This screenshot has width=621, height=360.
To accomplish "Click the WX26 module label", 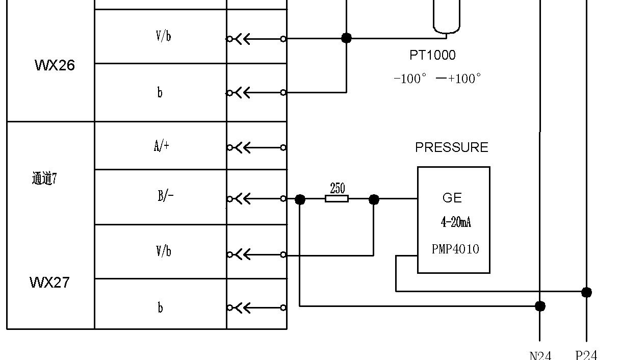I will (x=55, y=65).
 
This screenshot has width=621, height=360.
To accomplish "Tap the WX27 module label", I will (x=49, y=282).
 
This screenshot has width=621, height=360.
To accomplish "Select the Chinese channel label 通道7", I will (x=44, y=178).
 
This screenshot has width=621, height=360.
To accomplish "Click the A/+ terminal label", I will (x=162, y=146).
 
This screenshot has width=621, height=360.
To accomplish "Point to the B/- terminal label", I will (x=166, y=196).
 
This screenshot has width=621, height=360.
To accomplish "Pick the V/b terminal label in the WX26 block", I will (x=163, y=36).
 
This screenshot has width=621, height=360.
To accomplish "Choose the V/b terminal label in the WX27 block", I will (x=163, y=251).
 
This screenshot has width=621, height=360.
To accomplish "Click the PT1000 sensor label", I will (x=432, y=55).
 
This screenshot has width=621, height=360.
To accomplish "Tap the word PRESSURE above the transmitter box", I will (x=451, y=147).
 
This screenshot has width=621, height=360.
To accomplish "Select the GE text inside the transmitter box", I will (x=452, y=198).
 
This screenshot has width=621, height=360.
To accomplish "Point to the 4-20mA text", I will (x=456, y=222).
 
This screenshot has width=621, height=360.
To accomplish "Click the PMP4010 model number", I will (x=455, y=249).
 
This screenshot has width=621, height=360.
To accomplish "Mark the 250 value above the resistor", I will (x=338, y=188).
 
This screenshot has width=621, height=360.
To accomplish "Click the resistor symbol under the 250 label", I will (x=337, y=199).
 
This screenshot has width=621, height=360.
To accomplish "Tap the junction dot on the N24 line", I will (x=540, y=306).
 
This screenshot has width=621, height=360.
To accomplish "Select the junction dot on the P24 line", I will (x=586, y=292).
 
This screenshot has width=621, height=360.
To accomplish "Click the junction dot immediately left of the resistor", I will (x=300, y=199).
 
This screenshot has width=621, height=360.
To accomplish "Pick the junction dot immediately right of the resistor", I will (x=374, y=199).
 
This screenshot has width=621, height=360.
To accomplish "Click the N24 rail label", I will (x=540, y=355).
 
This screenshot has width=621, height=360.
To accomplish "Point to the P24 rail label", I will (x=586, y=355).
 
